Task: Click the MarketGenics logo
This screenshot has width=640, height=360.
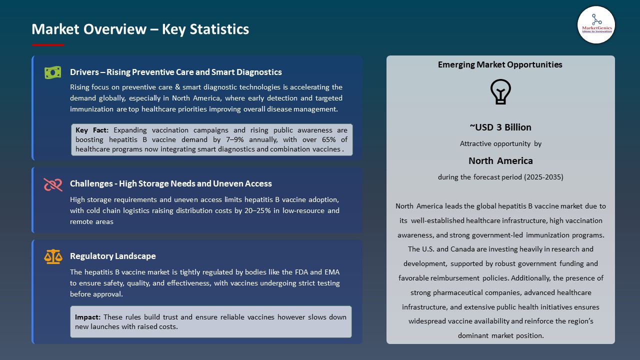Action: tap(596, 24)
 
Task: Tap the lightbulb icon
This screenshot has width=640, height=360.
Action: tap(500, 92)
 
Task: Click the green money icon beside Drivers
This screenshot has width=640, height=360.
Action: tap(52, 72)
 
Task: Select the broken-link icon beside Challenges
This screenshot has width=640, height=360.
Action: tap(52, 184)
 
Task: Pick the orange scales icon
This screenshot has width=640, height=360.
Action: tap(52, 256)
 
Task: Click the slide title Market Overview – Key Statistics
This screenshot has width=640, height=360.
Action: tap(140, 29)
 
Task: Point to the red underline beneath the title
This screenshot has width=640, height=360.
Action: tap(48, 45)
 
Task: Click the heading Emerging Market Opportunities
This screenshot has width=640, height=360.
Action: tap(500, 64)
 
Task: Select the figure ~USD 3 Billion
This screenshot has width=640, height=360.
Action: tap(500, 127)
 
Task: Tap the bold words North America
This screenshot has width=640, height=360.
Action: tap(500, 160)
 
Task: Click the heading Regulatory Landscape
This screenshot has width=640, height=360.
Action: tap(112, 256)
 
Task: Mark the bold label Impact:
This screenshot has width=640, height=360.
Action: tap(88, 317)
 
